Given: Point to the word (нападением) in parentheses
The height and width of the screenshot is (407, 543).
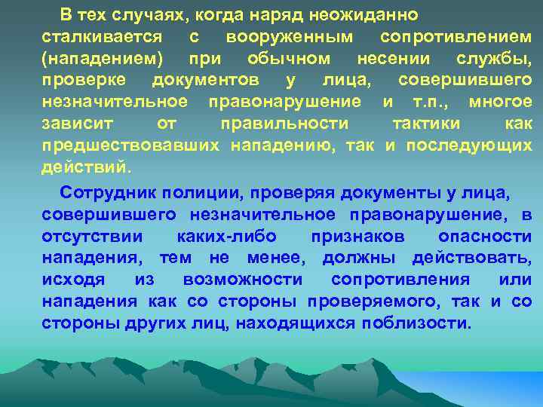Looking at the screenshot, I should pyautogui.click(x=103, y=59).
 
